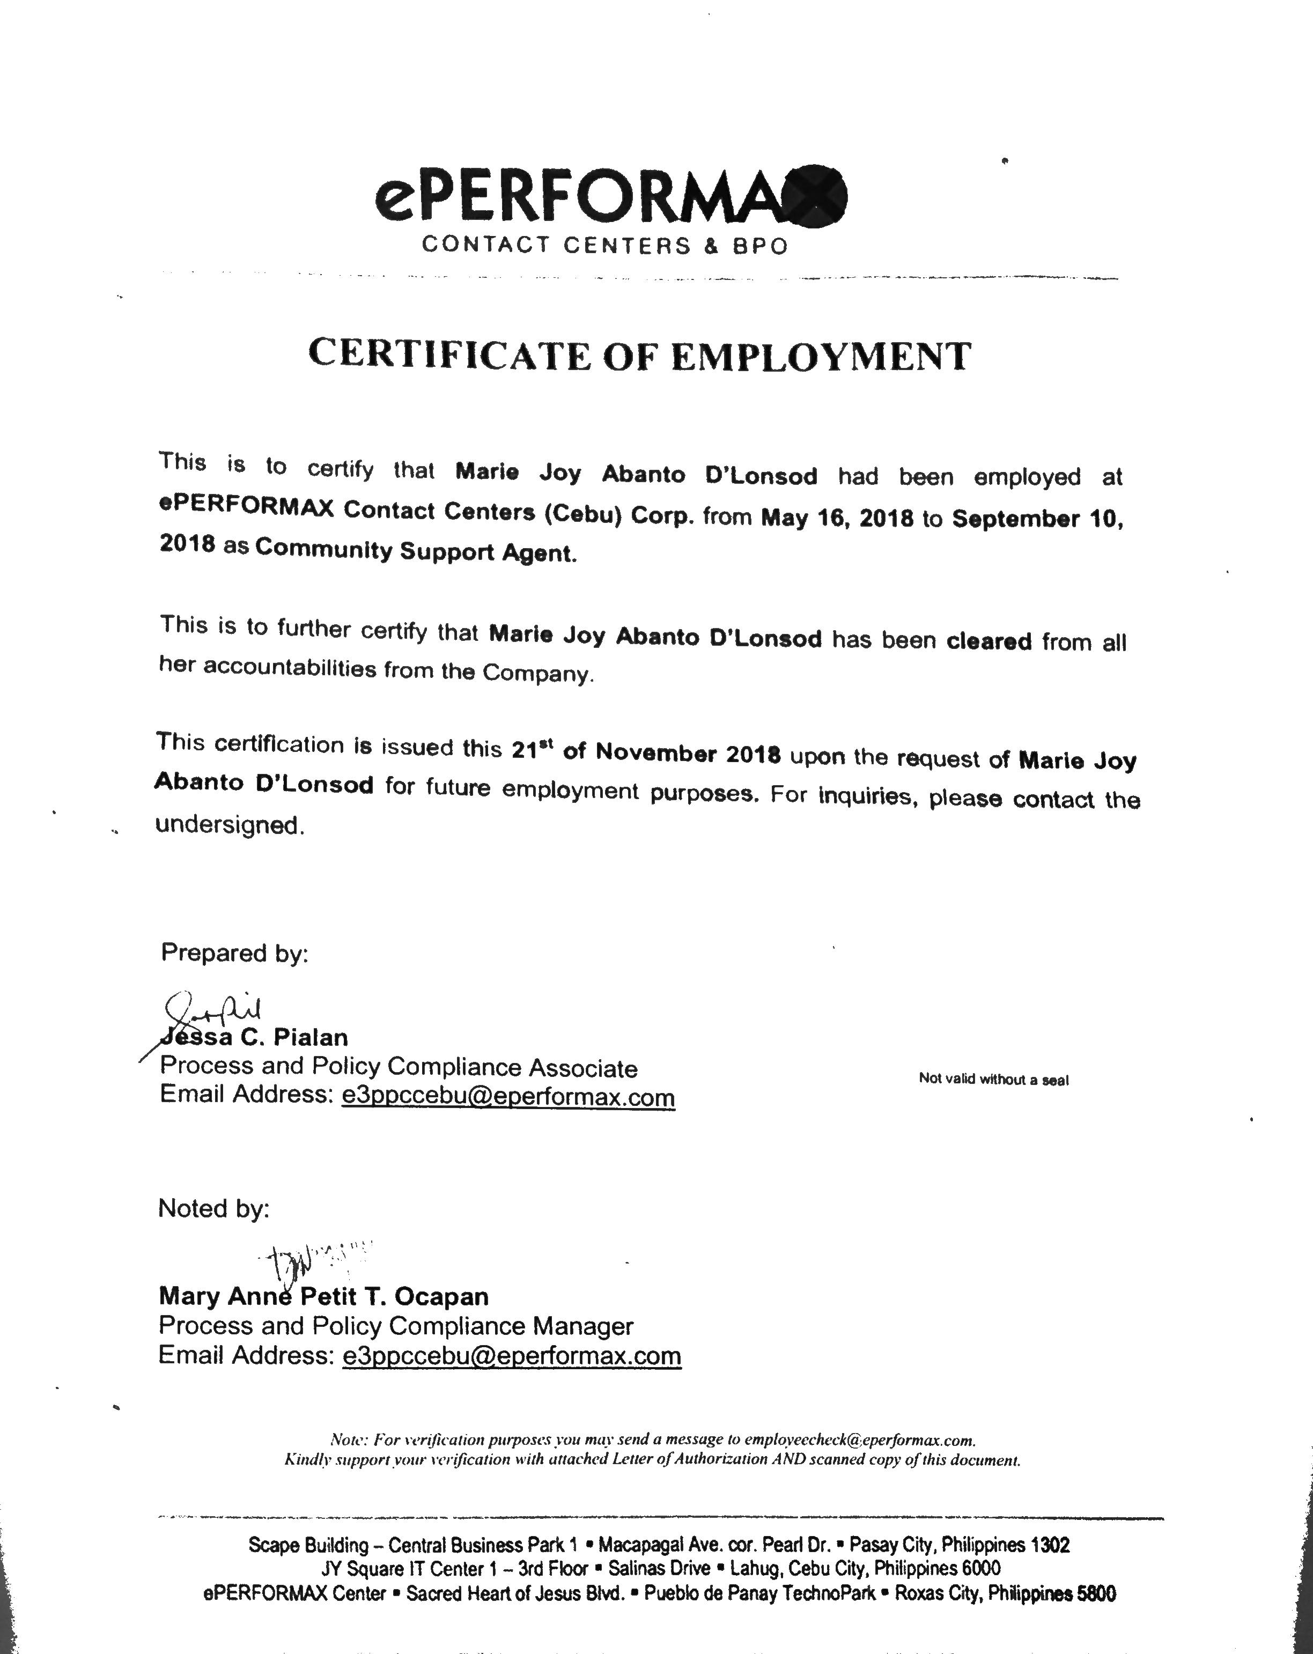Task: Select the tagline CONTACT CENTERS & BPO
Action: tap(604, 246)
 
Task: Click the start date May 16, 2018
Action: tap(837, 519)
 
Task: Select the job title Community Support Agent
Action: tap(415, 551)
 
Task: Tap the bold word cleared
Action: tap(989, 640)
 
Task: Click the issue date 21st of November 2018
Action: tap(645, 752)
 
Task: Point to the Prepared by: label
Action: tap(234, 953)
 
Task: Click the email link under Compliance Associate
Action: tap(508, 1097)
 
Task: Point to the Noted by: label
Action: tap(213, 1208)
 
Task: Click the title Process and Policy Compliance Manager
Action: tap(395, 1326)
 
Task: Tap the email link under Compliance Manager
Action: tap(511, 1356)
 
